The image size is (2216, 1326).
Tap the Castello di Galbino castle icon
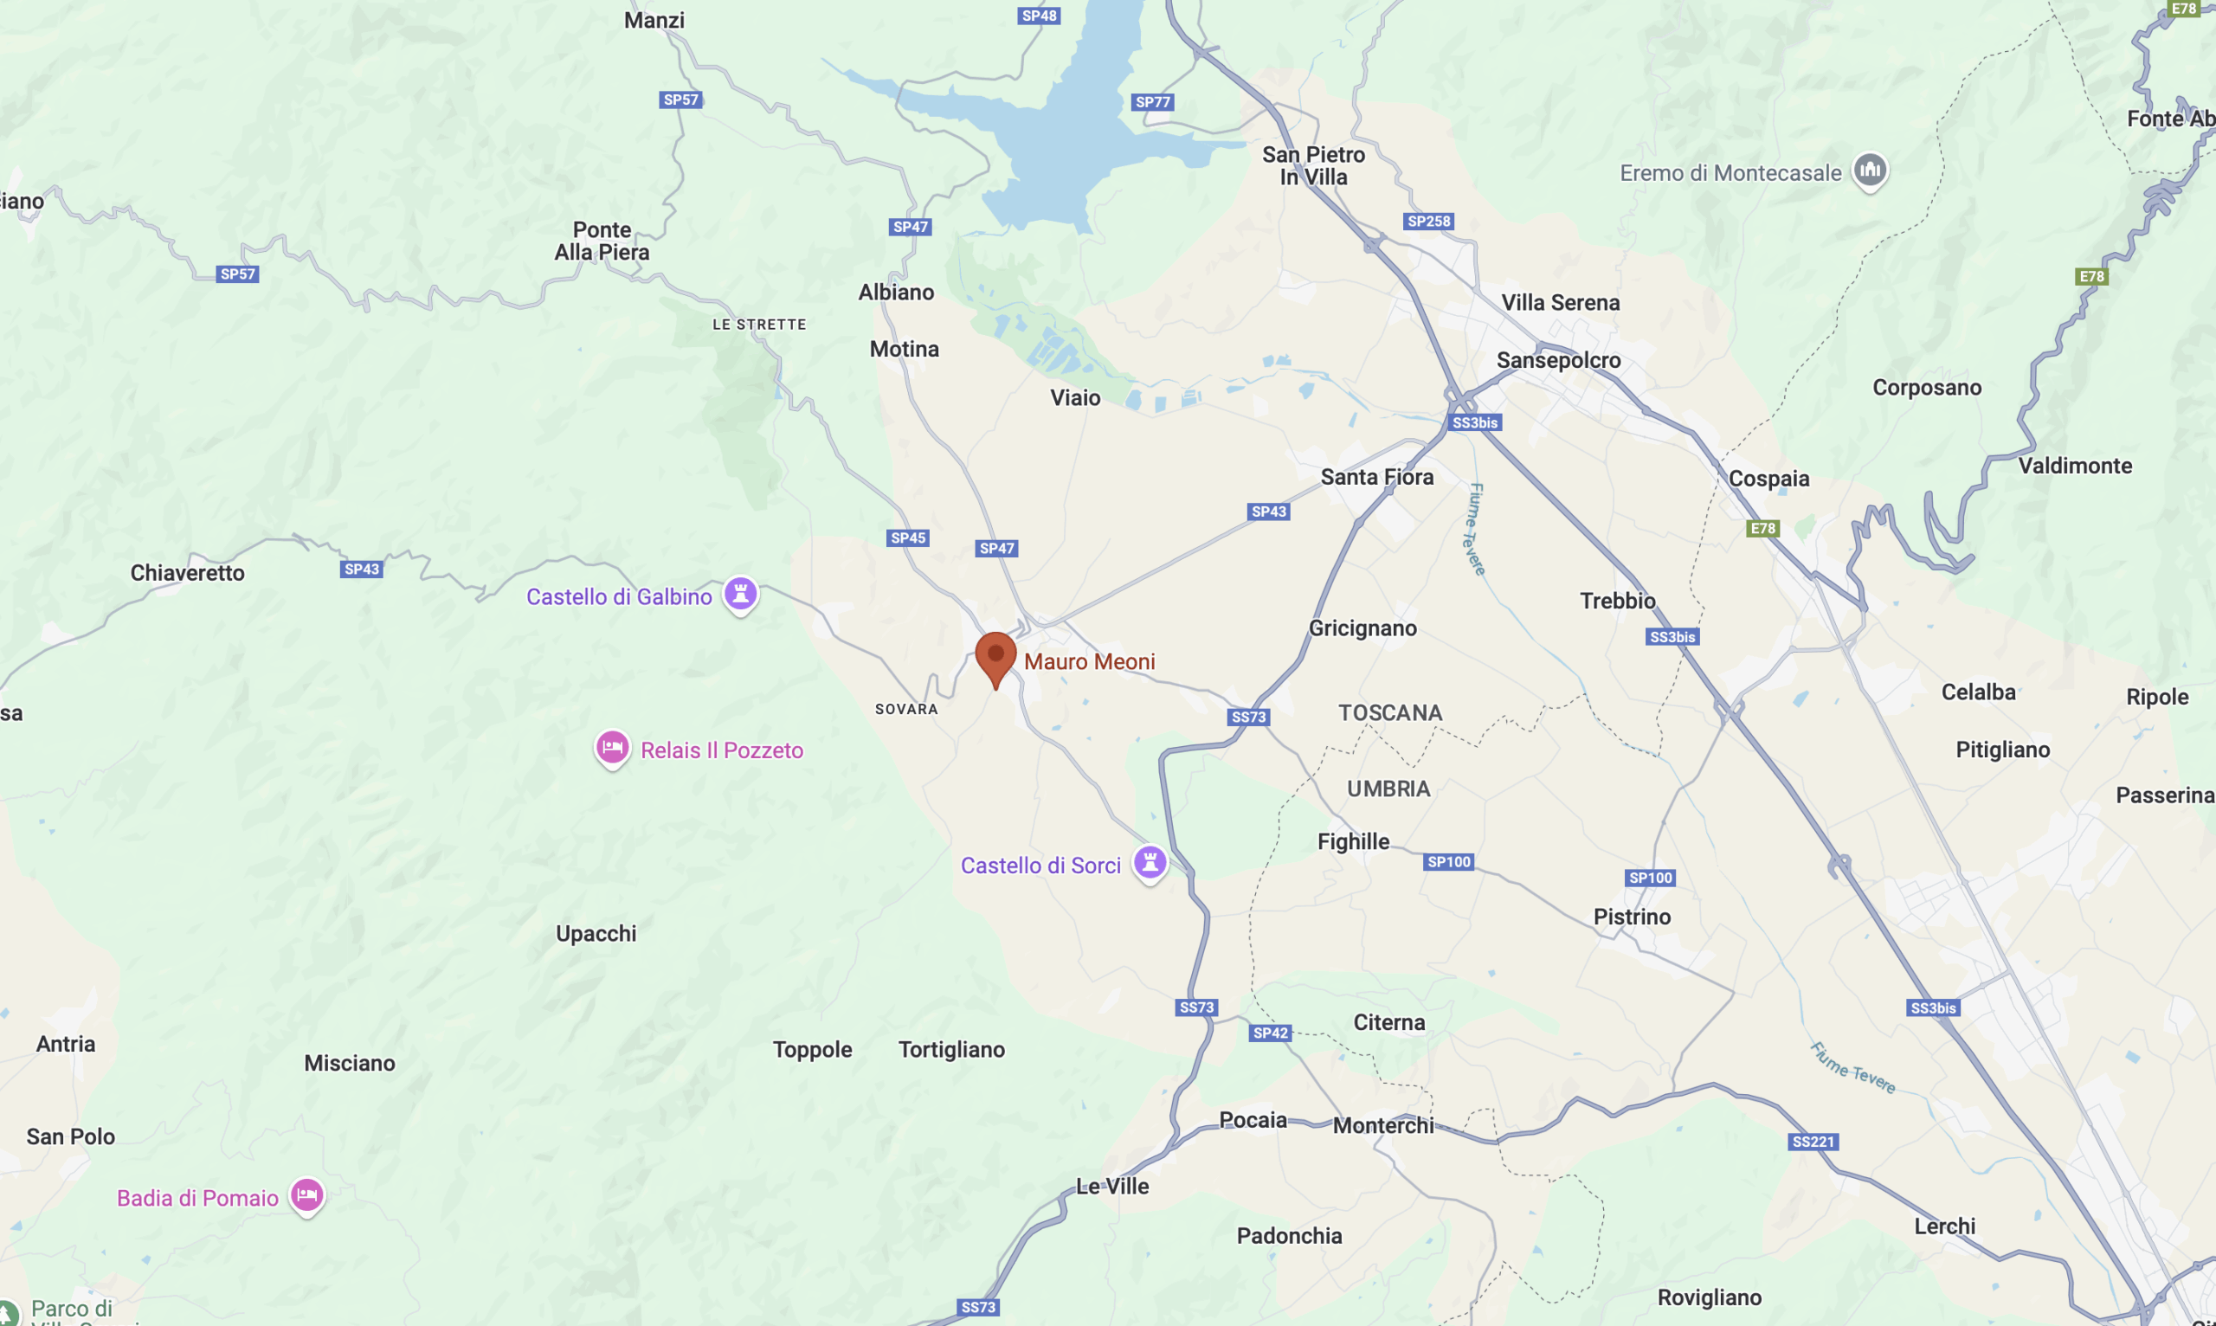[741, 593]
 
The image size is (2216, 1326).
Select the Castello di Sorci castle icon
[1150, 863]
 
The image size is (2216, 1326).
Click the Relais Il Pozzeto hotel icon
[612, 748]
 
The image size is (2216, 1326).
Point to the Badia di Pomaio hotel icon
[306, 1195]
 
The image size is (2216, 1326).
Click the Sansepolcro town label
[1558, 360]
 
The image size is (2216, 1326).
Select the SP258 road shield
[1429, 222]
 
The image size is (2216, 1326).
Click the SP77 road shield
[1153, 102]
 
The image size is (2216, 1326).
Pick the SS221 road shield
[1813, 1142]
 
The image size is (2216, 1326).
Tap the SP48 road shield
[1040, 16]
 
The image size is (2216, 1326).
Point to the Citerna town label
[1389, 1022]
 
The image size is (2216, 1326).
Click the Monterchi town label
[1383, 1126]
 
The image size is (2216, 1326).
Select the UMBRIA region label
[1388, 789]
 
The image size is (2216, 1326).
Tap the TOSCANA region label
[1390, 713]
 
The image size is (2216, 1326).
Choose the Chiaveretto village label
[188, 573]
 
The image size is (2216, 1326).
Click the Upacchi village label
[596, 934]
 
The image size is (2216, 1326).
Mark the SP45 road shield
[908, 537]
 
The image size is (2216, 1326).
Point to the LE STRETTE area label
[759, 325]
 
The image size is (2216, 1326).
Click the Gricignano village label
[1362, 628]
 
